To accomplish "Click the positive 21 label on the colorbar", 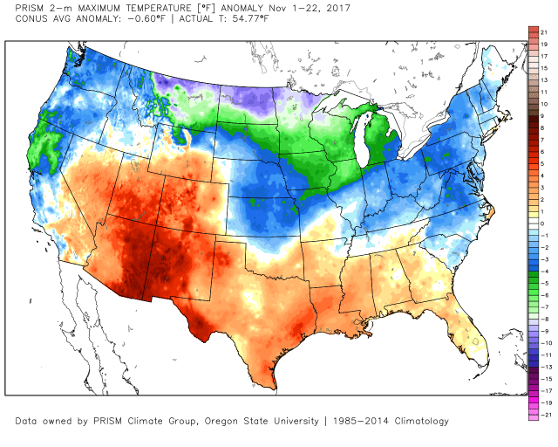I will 544,31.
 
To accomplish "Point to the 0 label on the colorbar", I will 542,223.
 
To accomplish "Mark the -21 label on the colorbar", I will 544,416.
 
